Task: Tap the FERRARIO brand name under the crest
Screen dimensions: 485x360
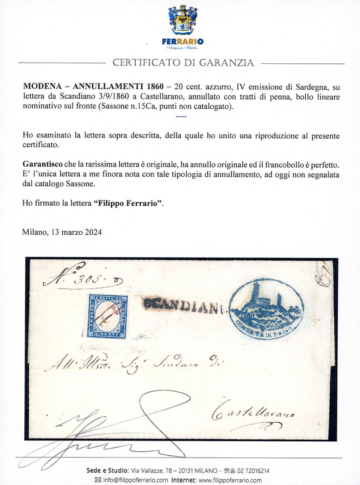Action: click(183, 41)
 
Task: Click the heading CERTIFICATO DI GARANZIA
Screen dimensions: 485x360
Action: click(183, 63)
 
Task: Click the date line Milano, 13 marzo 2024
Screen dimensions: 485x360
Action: click(62, 232)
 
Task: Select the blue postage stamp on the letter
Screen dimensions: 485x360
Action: click(105, 316)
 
